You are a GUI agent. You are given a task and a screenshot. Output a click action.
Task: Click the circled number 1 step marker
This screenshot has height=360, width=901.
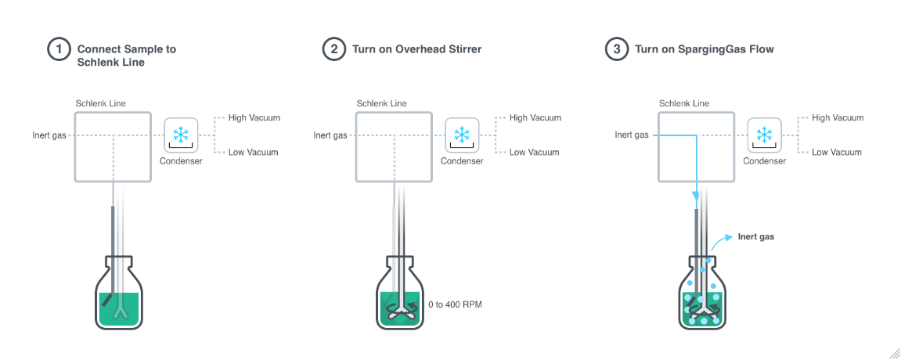point(58,49)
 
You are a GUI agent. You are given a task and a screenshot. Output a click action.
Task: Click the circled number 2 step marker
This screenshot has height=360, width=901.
point(333,49)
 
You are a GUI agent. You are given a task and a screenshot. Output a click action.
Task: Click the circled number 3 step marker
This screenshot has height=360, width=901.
point(617,49)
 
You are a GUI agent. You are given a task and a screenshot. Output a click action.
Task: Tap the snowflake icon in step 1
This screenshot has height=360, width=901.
point(181,135)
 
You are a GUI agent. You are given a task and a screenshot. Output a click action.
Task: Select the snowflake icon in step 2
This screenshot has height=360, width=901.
point(462,135)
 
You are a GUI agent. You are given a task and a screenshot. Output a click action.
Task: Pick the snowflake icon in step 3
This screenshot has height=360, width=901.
point(764,135)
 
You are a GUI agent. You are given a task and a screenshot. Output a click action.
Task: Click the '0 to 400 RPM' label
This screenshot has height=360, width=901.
point(456,304)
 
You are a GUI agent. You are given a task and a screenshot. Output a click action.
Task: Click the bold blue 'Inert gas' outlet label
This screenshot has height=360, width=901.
point(755,236)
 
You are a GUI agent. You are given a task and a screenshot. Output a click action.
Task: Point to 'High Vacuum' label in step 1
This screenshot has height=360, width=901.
point(254,118)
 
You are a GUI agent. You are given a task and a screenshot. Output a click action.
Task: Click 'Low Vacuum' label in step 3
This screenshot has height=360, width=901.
point(837,153)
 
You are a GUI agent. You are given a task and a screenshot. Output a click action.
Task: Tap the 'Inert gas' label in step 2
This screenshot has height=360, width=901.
point(330,135)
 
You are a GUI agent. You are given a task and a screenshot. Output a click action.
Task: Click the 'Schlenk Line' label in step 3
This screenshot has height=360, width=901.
point(684,103)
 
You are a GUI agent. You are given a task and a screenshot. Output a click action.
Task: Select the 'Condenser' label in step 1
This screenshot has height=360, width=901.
point(181,161)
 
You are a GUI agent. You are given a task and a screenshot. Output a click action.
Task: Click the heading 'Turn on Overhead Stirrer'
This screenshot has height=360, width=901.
point(416,49)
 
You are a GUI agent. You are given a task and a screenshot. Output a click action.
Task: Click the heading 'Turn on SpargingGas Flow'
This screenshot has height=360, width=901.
point(704,49)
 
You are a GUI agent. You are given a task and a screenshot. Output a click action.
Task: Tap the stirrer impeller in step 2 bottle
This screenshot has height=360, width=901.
point(399,309)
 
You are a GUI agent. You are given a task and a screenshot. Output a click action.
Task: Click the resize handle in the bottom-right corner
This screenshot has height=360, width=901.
point(893,353)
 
